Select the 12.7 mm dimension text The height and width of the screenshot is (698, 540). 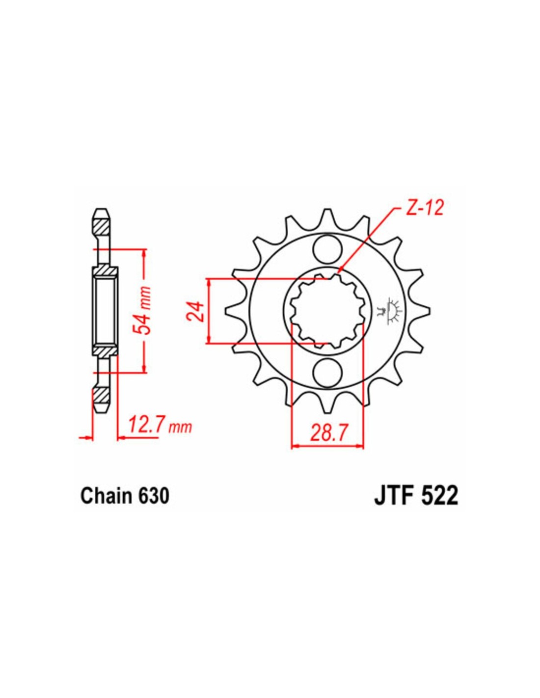point(160,426)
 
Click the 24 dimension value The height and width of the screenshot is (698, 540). point(195,311)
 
